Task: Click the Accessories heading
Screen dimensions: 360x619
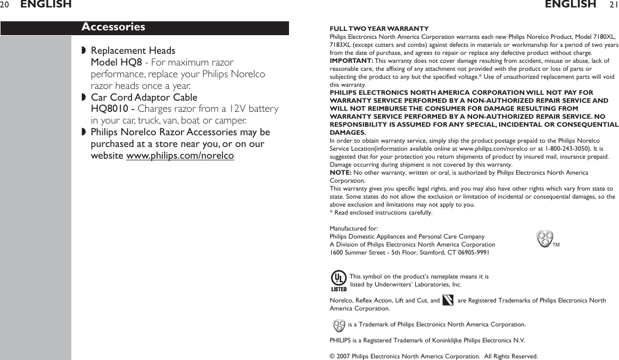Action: tap(113, 27)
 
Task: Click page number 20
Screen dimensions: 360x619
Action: tap(5, 5)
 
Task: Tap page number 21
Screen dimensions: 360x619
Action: tap(613, 5)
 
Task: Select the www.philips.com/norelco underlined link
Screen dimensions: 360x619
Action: tap(180, 156)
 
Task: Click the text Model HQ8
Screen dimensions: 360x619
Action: tap(116, 62)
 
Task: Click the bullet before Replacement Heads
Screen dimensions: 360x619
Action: tap(84, 51)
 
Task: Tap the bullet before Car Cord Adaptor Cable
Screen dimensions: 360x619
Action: tap(84, 98)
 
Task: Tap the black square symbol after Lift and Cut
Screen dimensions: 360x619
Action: tap(448, 301)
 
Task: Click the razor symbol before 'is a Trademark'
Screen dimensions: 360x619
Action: tap(338, 324)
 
